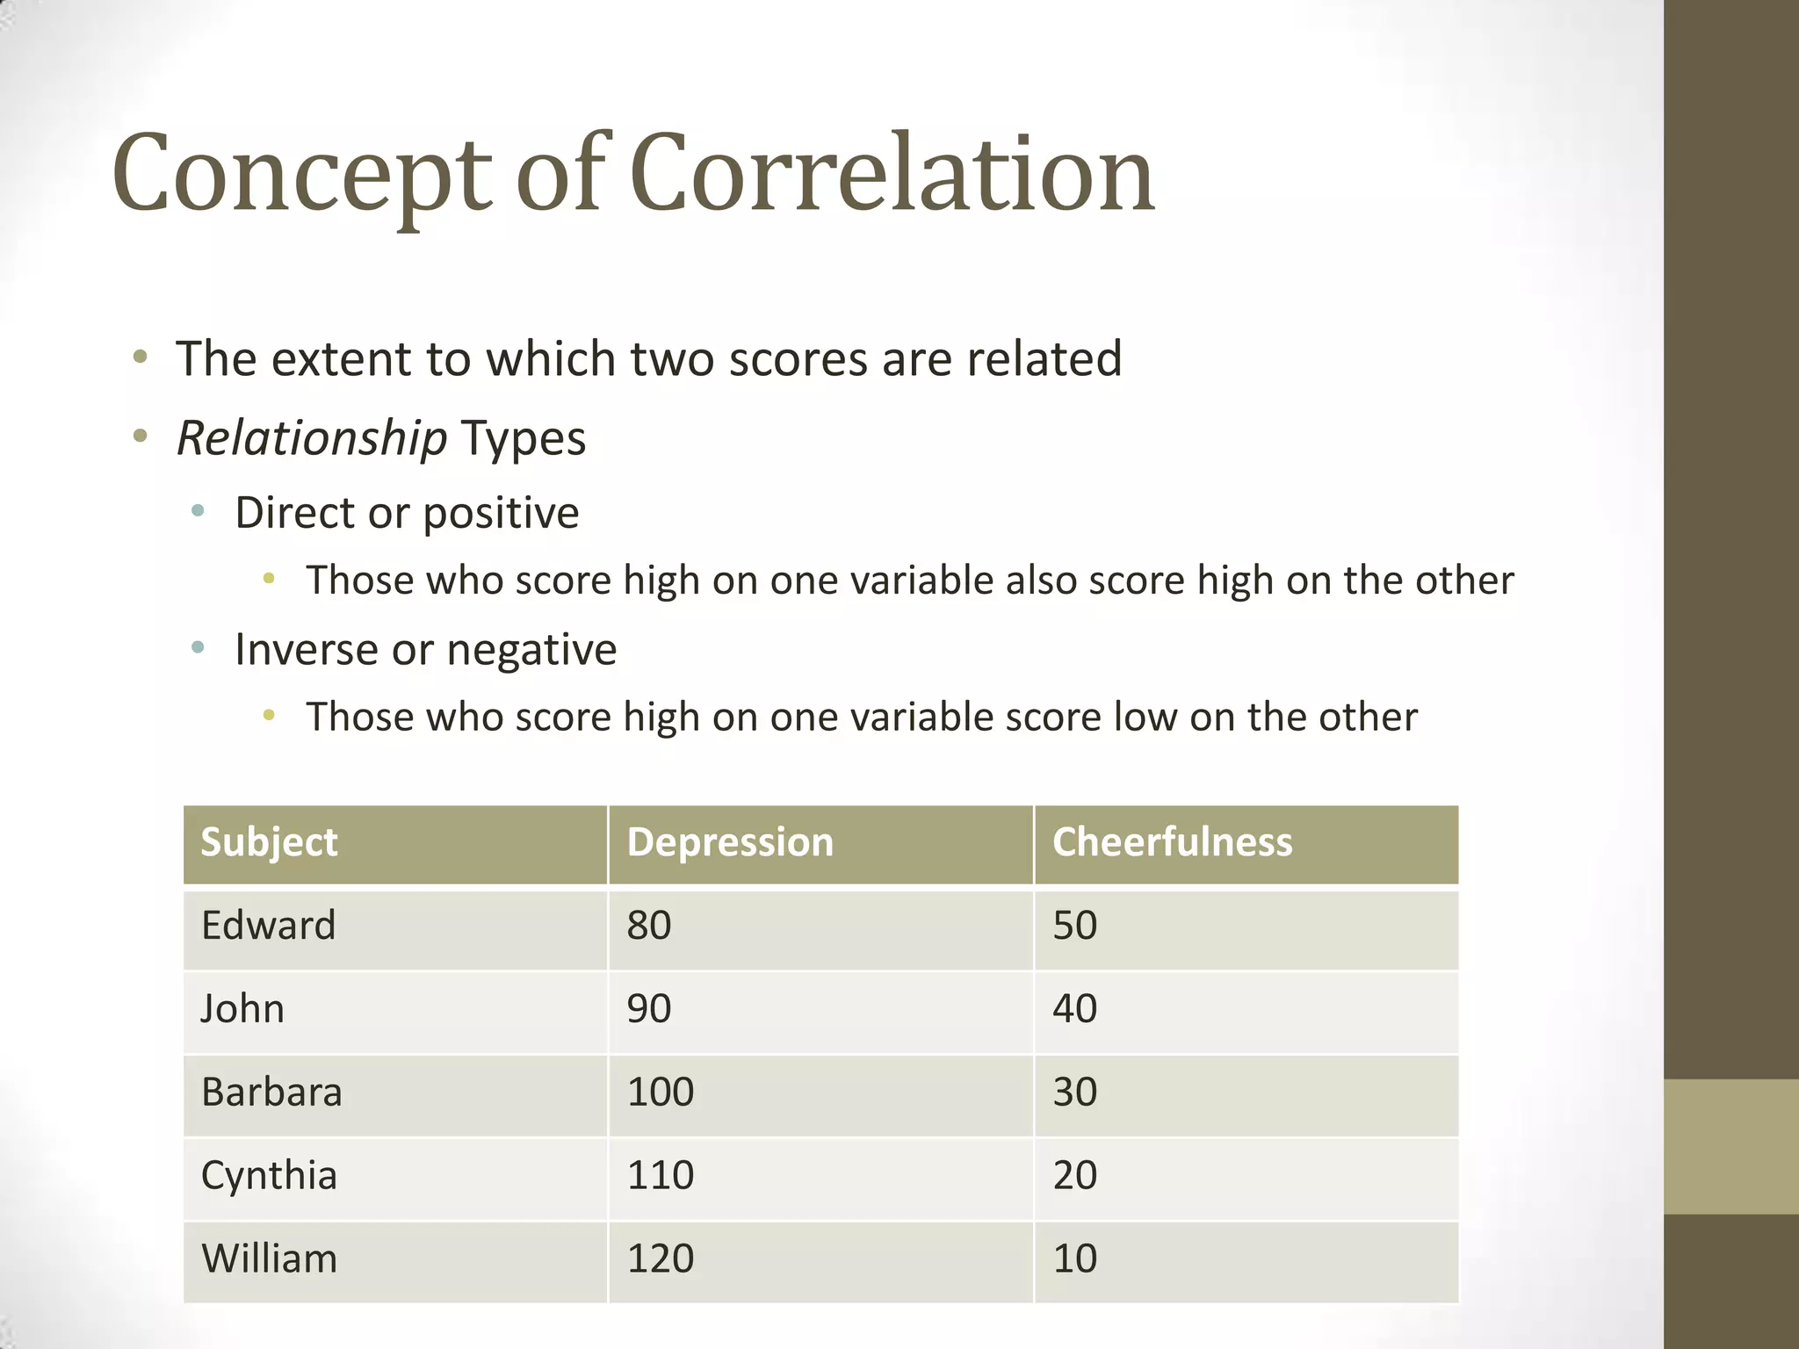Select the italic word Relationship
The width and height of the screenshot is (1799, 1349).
click(x=312, y=438)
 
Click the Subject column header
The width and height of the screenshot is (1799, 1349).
click(x=269, y=842)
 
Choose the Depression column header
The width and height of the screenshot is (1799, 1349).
click(x=730, y=842)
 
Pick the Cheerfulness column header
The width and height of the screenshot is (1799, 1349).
click(x=1172, y=842)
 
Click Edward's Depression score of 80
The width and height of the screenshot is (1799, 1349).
click(x=649, y=926)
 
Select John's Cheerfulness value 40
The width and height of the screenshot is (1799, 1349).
click(x=1075, y=1009)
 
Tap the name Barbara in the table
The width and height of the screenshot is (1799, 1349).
click(x=271, y=1093)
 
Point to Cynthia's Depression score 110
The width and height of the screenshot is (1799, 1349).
click(x=661, y=1175)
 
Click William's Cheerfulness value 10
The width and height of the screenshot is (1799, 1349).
click(x=1075, y=1259)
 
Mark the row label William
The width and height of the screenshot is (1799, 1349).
click(x=269, y=1259)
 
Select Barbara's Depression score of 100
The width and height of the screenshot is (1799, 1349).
click(x=661, y=1093)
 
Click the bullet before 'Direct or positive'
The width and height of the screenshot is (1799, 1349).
click(x=198, y=510)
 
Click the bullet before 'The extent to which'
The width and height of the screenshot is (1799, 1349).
click(x=140, y=357)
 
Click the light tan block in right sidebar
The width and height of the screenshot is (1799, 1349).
click(x=1731, y=1146)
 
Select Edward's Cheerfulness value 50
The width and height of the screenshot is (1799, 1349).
click(x=1075, y=926)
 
